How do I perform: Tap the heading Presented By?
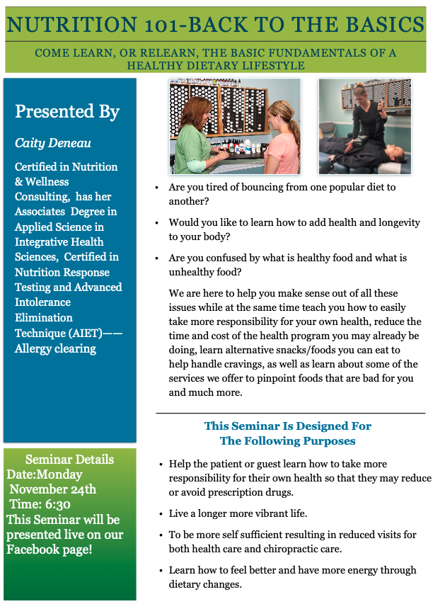(67, 111)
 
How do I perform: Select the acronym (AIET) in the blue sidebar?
(86, 333)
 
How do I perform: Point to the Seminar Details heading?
(69, 460)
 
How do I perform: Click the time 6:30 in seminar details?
(56, 504)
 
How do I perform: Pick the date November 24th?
(53, 489)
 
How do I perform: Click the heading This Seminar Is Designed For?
(287, 426)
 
